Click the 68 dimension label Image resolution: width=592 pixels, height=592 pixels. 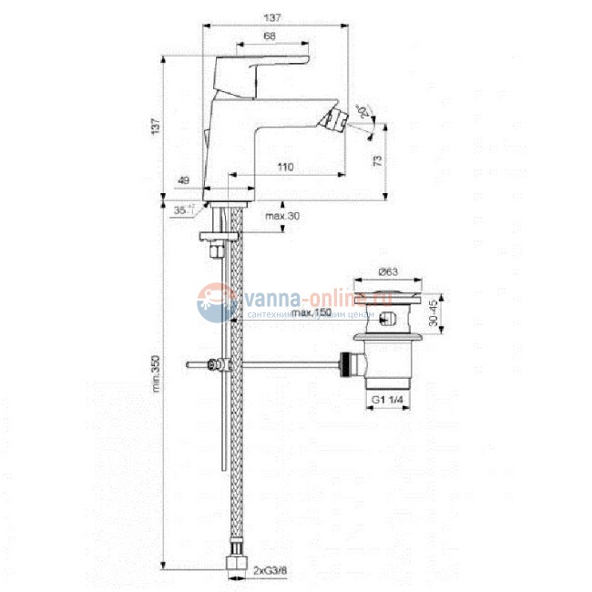(270, 36)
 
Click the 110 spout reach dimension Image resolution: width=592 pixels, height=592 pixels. (285, 167)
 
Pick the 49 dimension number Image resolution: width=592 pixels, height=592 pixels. (183, 181)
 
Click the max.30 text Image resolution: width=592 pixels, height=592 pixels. (282, 216)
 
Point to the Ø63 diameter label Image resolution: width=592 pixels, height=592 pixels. (388, 271)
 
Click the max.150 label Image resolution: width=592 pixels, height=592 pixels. (311, 313)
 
